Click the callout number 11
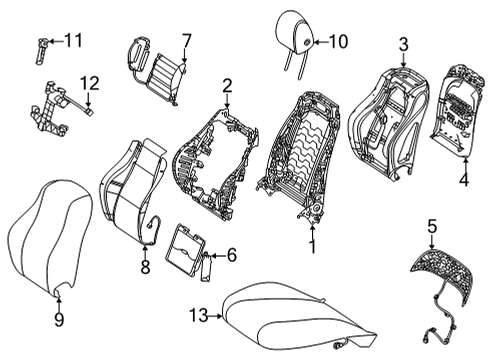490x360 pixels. (x=73, y=41)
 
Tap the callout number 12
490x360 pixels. (x=90, y=83)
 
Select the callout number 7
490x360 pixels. (x=186, y=41)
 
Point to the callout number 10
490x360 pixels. (x=338, y=42)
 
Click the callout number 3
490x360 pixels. (x=403, y=45)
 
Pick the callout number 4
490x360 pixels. (x=464, y=180)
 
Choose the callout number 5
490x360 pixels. (x=432, y=228)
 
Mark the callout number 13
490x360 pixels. (x=199, y=315)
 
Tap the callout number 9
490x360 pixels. (x=59, y=320)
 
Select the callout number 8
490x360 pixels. (x=145, y=267)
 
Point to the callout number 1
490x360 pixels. (x=312, y=246)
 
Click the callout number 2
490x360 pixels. (x=227, y=86)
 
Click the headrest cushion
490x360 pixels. (x=297, y=33)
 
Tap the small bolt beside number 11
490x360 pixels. (x=41, y=51)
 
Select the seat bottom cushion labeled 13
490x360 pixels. (x=297, y=317)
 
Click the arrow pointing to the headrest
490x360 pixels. (x=321, y=42)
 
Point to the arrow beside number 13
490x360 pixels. (x=216, y=316)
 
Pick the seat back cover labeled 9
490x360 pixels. (x=50, y=238)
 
